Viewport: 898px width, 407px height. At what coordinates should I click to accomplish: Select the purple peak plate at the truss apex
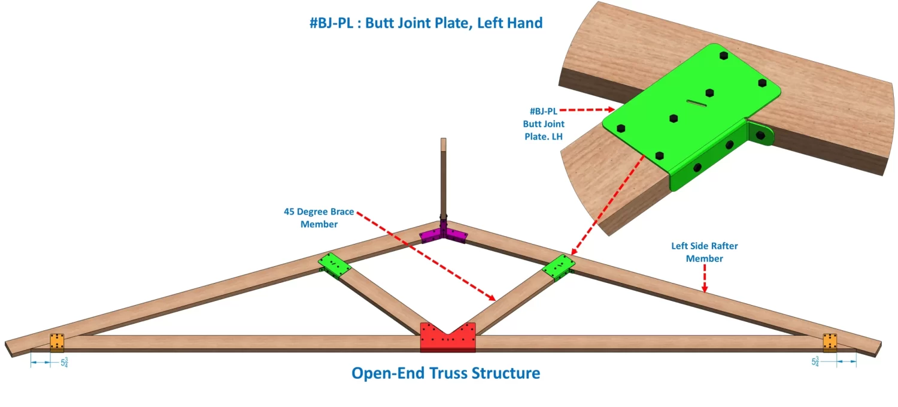tap(443, 234)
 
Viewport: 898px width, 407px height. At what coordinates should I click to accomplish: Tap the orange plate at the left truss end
tap(56, 342)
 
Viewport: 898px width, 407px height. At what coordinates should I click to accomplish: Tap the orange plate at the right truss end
tap(830, 342)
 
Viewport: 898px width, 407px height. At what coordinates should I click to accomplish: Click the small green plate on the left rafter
tap(333, 265)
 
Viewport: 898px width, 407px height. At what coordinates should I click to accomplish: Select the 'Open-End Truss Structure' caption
tap(445, 373)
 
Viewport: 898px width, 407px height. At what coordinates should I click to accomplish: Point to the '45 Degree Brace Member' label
tap(318, 218)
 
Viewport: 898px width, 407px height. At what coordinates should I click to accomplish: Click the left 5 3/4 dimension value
tap(64, 362)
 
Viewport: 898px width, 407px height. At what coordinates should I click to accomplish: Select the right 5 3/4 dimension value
tap(815, 362)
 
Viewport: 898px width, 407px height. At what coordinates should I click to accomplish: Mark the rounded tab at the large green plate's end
tap(760, 134)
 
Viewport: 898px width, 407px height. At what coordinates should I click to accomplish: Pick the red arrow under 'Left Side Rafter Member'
tap(706, 279)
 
